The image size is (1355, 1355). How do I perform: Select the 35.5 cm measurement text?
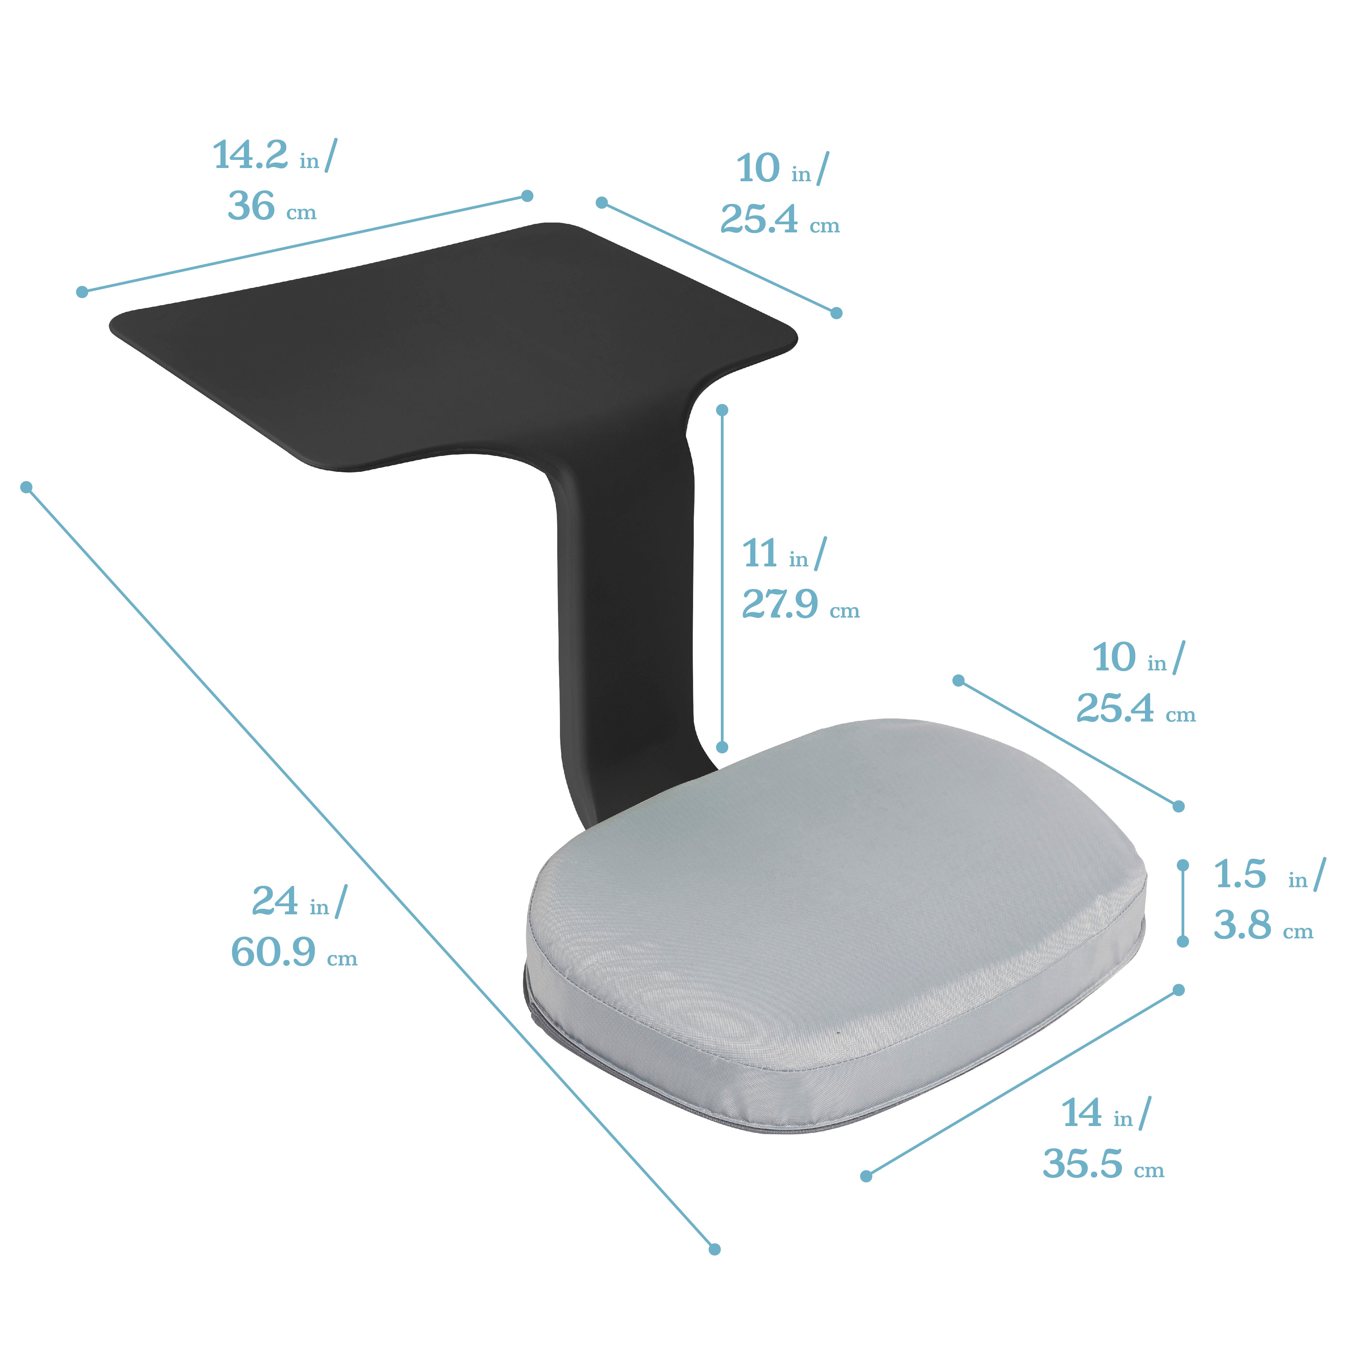(x=1103, y=1164)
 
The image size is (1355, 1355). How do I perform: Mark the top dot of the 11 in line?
(x=723, y=410)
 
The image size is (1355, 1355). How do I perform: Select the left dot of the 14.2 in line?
(x=82, y=292)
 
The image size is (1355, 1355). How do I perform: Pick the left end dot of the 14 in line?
(x=866, y=1176)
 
